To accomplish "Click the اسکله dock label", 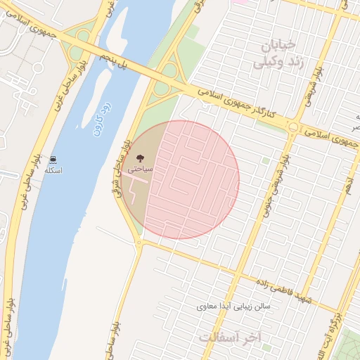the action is [x=53, y=171].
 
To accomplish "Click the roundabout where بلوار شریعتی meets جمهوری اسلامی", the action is [x=293, y=127].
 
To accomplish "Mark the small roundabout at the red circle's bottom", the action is [x=139, y=243].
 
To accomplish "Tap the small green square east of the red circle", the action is [x=265, y=161].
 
